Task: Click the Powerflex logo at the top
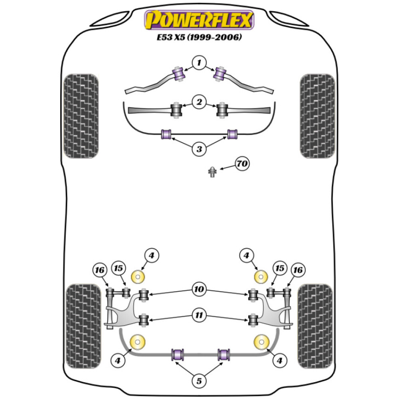click(x=199, y=20)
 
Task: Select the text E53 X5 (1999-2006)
click(x=199, y=38)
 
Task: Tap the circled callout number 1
click(x=199, y=62)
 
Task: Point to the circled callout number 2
click(x=199, y=102)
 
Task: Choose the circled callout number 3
click(x=199, y=149)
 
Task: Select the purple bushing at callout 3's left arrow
click(x=165, y=134)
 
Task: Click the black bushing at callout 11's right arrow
click(x=253, y=320)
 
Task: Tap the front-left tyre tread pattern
click(x=81, y=116)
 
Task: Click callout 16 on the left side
click(x=99, y=271)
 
